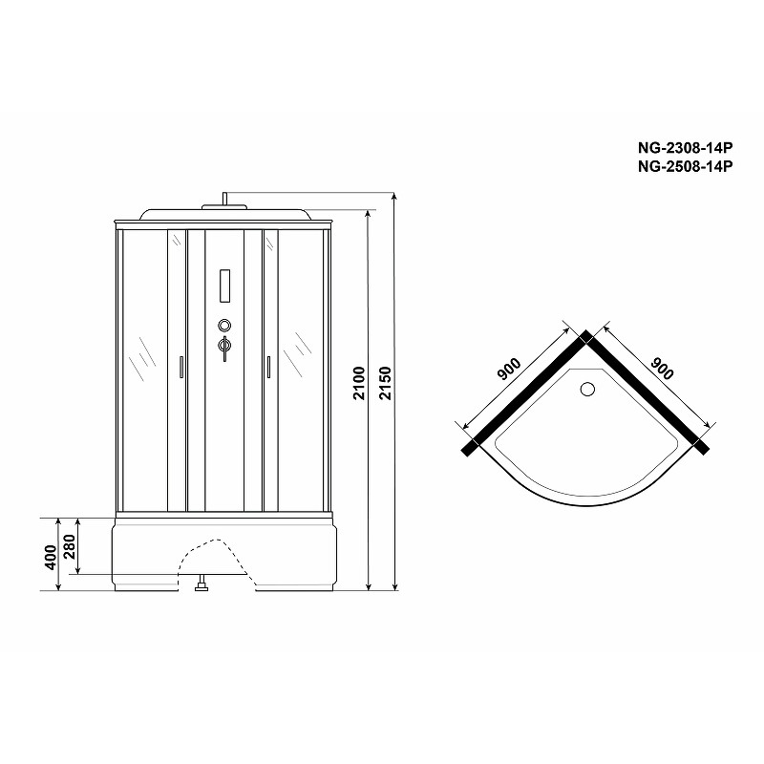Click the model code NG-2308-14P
[x=685, y=147]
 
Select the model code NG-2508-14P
[x=685, y=166]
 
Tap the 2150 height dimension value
[x=386, y=383]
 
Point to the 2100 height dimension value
[x=359, y=383]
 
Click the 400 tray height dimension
[x=51, y=557]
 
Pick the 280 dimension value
[x=70, y=547]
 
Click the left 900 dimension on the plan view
[x=509, y=369]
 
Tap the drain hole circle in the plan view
[x=587, y=389]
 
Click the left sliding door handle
[x=181, y=367]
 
